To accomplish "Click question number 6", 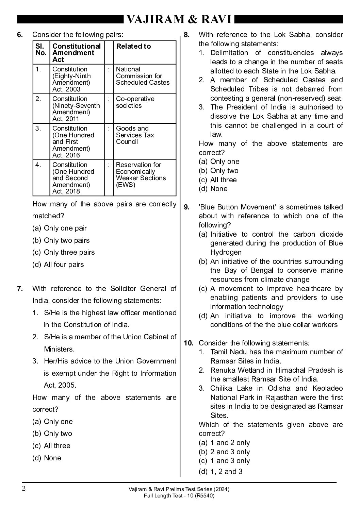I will [x=20, y=35].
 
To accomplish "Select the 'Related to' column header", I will [x=133, y=47].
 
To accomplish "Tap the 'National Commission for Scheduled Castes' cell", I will [x=143, y=76].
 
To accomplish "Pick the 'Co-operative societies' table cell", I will [x=135, y=102].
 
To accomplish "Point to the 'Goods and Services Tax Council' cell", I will [x=135, y=135].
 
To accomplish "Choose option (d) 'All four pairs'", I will [x=58, y=265].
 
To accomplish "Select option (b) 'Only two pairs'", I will [x=61, y=240].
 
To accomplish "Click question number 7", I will [x=20, y=289].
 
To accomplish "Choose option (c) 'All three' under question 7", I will [x=51, y=446].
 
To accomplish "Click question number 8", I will [x=186, y=35].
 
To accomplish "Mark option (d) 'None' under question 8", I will [x=213, y=189].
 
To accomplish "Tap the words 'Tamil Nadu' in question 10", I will [x=228, y=352].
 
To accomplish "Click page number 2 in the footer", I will [x=24, y=489].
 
